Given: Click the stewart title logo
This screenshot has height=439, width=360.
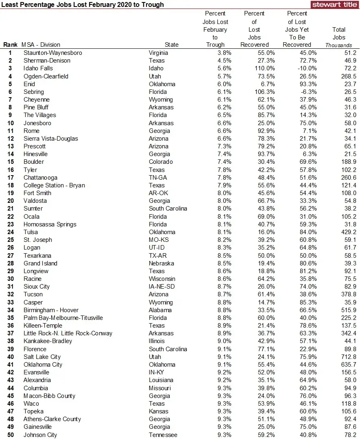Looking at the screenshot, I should (x=334, y=4).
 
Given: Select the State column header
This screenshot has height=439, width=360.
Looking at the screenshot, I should (x=172, y=45).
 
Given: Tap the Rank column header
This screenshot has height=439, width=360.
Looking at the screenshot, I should (x=10, y=45).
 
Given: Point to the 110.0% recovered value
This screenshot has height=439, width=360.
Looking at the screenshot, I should (x=265, y=68).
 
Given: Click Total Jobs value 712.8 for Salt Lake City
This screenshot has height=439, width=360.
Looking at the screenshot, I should (x=348, y=357).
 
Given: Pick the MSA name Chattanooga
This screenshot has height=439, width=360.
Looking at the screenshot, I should (x=40, y=178).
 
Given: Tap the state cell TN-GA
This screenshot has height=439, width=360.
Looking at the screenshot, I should (x=159, y=178).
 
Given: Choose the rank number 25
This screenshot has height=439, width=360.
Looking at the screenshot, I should (x=10, y=240).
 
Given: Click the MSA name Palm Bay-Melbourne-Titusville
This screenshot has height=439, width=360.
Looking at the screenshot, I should (x=63, y=318).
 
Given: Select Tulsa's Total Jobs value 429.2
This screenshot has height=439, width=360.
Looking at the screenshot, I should (x=348, y=232).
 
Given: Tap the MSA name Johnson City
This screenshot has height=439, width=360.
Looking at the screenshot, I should (x=40, y=435).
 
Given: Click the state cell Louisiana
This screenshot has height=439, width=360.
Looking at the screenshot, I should (x=161, y=380).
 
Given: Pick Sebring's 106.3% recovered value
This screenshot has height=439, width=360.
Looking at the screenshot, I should (x=265, y=92).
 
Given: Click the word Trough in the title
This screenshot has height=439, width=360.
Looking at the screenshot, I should (x=153, y=5).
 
